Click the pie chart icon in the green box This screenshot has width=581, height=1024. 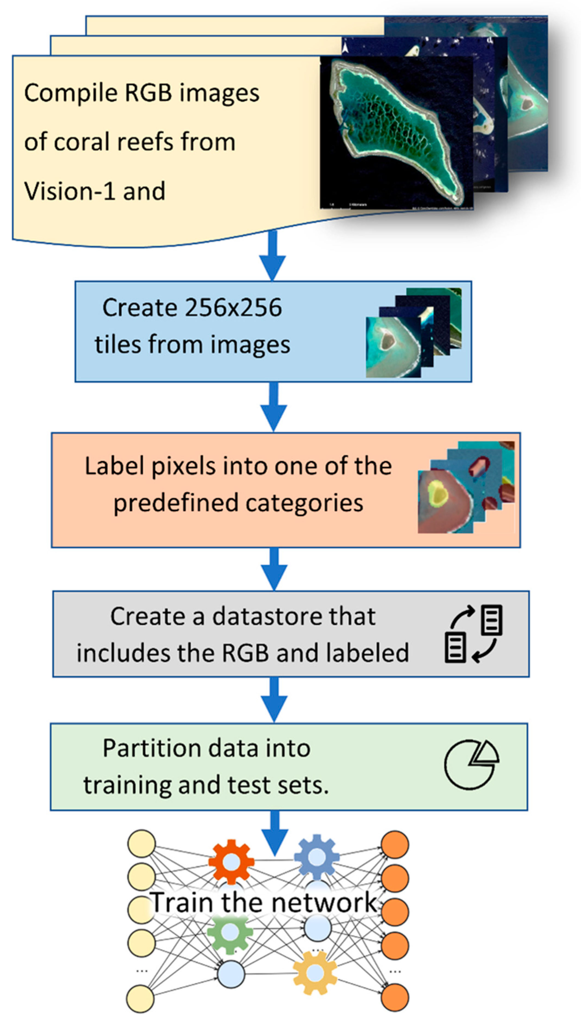[x=471, y=764]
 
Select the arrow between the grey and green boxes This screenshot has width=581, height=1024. [x=274, y=699]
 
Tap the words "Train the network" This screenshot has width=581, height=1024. [x=263, y=902]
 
